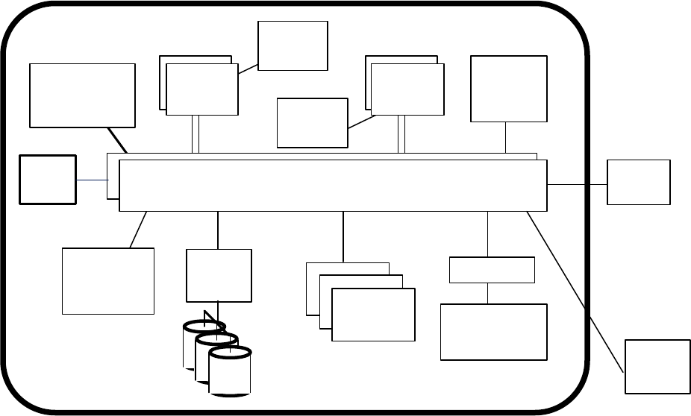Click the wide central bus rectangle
click(333, 185)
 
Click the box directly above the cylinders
click(219, 275)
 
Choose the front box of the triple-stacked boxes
click(373, 315)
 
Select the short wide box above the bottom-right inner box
click(492, 270)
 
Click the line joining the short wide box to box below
click(488, 293)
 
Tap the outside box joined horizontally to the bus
click(639, 182)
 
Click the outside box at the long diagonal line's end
click(657, 366)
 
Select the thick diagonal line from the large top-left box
click(117, 139)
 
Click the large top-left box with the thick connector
click(82, 95)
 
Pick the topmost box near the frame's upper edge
click(293, 45)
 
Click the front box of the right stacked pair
click(407, 89)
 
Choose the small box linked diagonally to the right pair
click(312, 122)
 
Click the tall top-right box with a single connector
click(508, 88)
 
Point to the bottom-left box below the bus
click(108, 280)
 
